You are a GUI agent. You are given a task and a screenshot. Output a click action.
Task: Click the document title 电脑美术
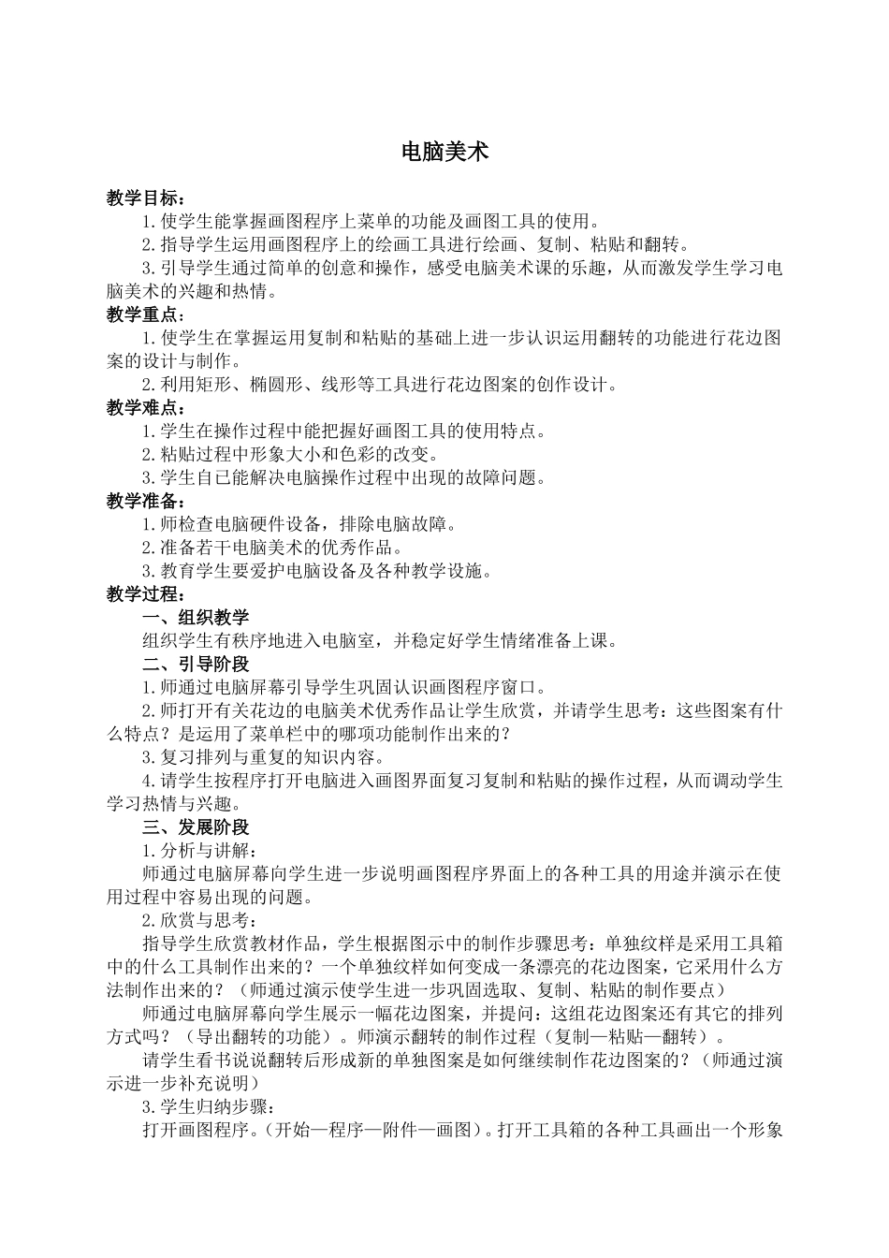pos(444,153)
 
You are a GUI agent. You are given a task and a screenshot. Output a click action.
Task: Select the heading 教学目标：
pos(146,198)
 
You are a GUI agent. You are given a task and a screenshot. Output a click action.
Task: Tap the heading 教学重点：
pos(146,315)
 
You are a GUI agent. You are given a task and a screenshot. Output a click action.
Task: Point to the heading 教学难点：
pos(146,408)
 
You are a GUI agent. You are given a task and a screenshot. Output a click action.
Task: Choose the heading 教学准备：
pos(146,502)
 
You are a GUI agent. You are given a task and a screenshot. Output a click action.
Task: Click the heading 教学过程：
pos(146,594)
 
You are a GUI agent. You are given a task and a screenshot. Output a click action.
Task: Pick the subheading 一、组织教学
pos(196,618)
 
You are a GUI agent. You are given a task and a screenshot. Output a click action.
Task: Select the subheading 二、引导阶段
pos(196,665)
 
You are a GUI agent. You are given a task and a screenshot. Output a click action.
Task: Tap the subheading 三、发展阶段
pos(196,827)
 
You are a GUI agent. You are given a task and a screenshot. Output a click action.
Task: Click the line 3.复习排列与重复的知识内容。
pos(263,757)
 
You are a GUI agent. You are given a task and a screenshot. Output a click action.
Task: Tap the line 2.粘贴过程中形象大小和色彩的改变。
pos(290,455)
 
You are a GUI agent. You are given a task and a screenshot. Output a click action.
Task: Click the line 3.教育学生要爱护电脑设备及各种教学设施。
pos(317,572)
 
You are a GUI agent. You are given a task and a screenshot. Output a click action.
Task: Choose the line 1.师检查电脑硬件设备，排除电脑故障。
pos(299,525)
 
